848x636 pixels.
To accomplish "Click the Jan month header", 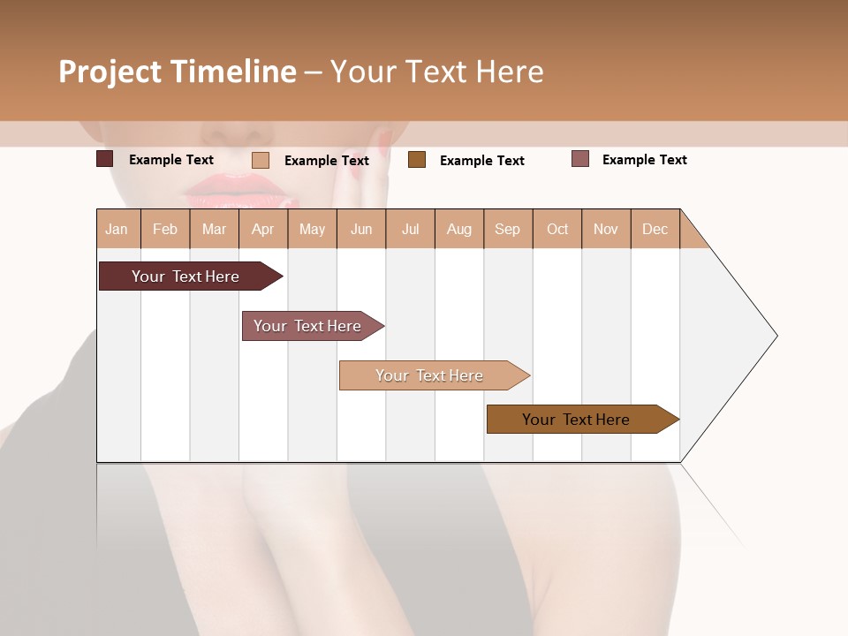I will click(x=117, y=230).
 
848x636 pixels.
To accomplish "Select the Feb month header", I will click(x=165, y=230).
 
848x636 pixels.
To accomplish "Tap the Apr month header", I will click(x=262, y=230).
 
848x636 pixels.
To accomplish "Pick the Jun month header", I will click(x=361, y=230).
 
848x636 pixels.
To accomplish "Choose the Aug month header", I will click(x=458, y=230).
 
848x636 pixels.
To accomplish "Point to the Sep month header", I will click(x=507, y=230).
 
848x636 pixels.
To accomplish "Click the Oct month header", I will click(x=557, y=230).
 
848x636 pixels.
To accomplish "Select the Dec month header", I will click(x=655, y=230).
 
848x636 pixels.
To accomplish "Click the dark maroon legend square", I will click(x=105, y=159).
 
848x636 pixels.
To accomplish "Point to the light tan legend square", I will click(x=261, y=160).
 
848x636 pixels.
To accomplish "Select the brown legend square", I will click(x=417, y=159).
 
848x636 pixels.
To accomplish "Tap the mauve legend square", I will click(x=580, y=159).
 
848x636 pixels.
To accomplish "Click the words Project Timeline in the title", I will click(x=178, y=72).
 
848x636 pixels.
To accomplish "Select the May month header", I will click(x=312, y=230).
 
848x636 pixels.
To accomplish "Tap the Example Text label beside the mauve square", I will click(x=644, y=160).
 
